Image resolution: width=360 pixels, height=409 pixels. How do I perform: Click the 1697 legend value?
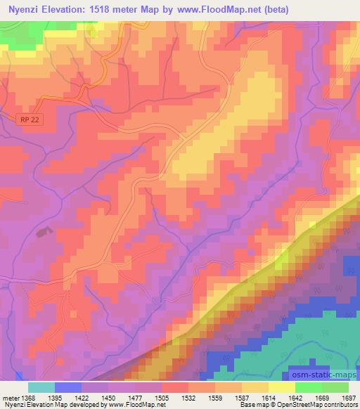pyautogui.click(x=348, y=397)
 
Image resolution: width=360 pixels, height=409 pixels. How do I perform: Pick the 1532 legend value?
pyautogui.click(x=187, y=397)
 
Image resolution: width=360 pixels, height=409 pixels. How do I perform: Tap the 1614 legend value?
pyautogui.click(x=267, y=397)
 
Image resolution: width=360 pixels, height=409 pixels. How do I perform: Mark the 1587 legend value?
pyautogui.click(x=240, y=397)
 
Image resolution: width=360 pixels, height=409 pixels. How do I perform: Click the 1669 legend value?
pyautogui.click(x=321, y=397)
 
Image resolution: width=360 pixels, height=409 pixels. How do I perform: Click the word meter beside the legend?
pyautogui.click(x=8, y=397)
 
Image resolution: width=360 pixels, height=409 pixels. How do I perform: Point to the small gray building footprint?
pyautogui.click(x=46, y=231)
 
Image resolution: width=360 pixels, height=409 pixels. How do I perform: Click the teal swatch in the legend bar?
pyautogui.click(x=41, y=387)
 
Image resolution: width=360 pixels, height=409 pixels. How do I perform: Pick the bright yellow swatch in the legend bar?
pyautogui.click(x=282, y=387)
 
